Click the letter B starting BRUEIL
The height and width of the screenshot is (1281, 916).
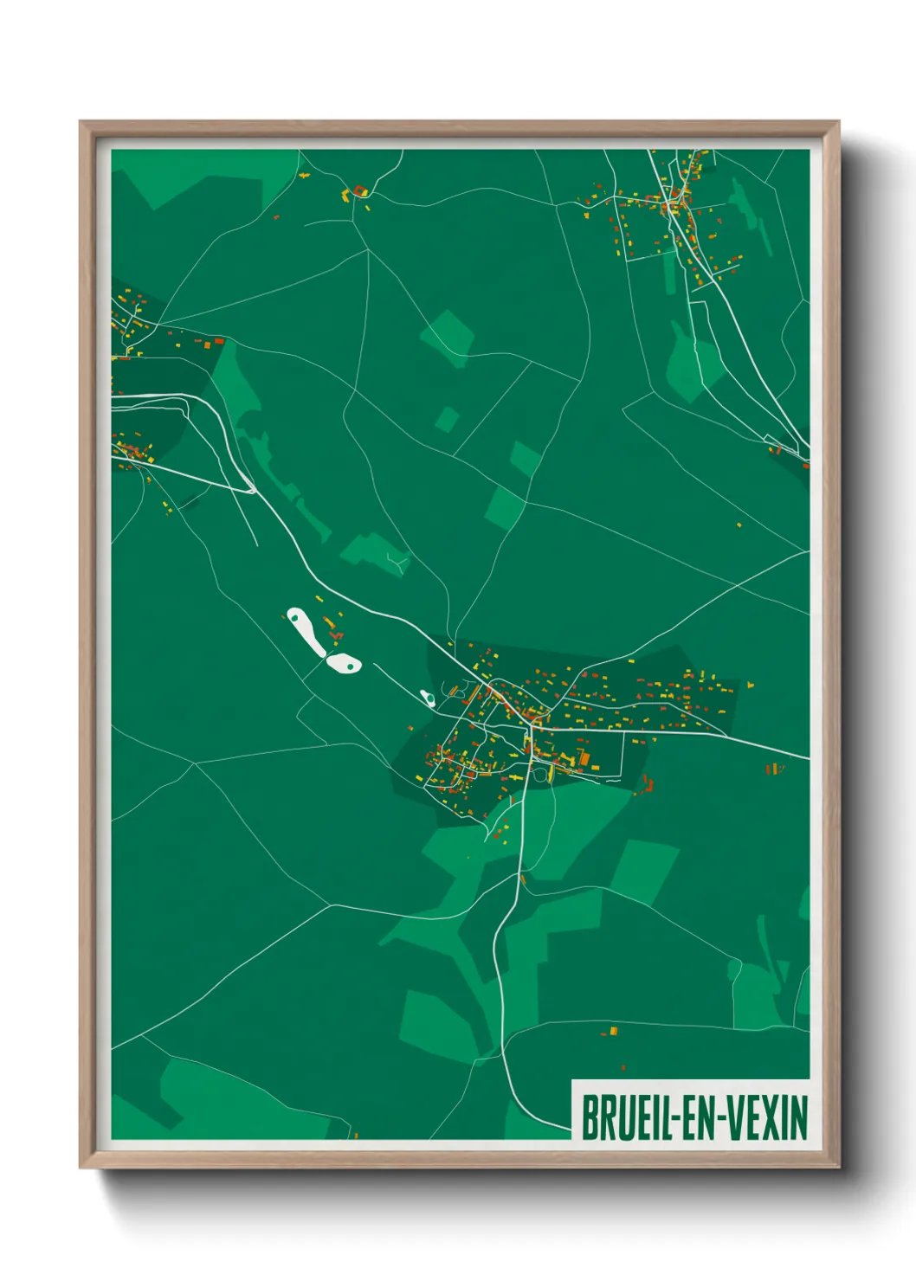[x=589, y=1117]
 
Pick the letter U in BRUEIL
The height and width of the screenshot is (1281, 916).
[x=619, y=1117]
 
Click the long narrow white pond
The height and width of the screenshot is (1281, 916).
[x=306, y=632]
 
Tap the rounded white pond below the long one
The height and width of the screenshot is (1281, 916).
[x=344, y=664]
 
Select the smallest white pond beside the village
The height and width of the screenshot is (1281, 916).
[x=427, y=697]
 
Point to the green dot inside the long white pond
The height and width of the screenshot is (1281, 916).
[x=297, y=618]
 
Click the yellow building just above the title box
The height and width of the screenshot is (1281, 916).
[x=614, y=1030]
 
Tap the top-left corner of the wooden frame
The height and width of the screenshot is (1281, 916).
[x=81, y=122]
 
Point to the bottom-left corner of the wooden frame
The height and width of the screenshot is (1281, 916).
[x=81, y=1168]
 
